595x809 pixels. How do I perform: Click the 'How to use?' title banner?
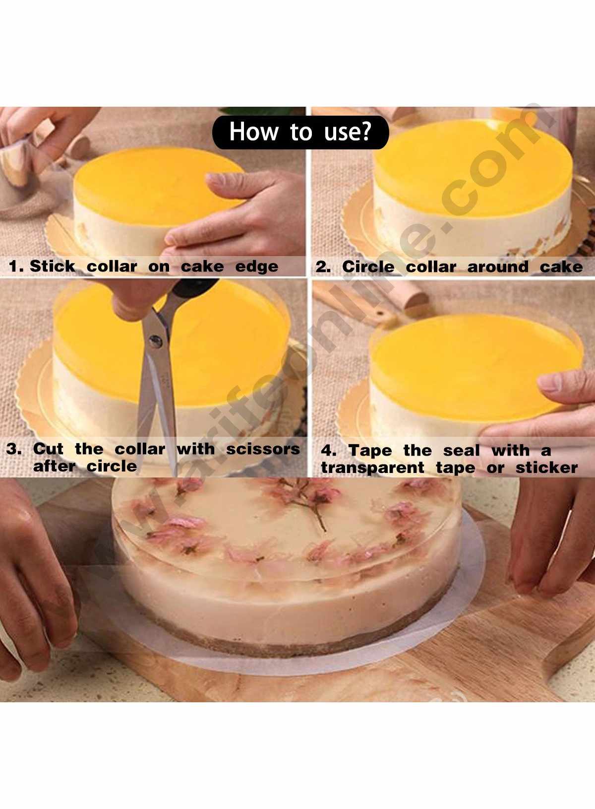tap(300, 132)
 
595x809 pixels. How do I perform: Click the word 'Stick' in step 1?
tap(52, 266)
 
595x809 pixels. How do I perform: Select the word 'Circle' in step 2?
tap(368, 267)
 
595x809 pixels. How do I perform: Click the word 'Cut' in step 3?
tap(48, 449)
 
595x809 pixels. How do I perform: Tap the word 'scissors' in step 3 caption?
tap(263, 449)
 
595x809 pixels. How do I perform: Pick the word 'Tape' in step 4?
tap(369, 451)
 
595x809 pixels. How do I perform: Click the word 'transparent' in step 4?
tap(372, 468)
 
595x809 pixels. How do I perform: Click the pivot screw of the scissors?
tap(156, 340)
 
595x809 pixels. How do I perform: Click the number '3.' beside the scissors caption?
tap(14, 449)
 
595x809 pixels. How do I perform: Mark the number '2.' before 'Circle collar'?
tap(323, 267)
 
